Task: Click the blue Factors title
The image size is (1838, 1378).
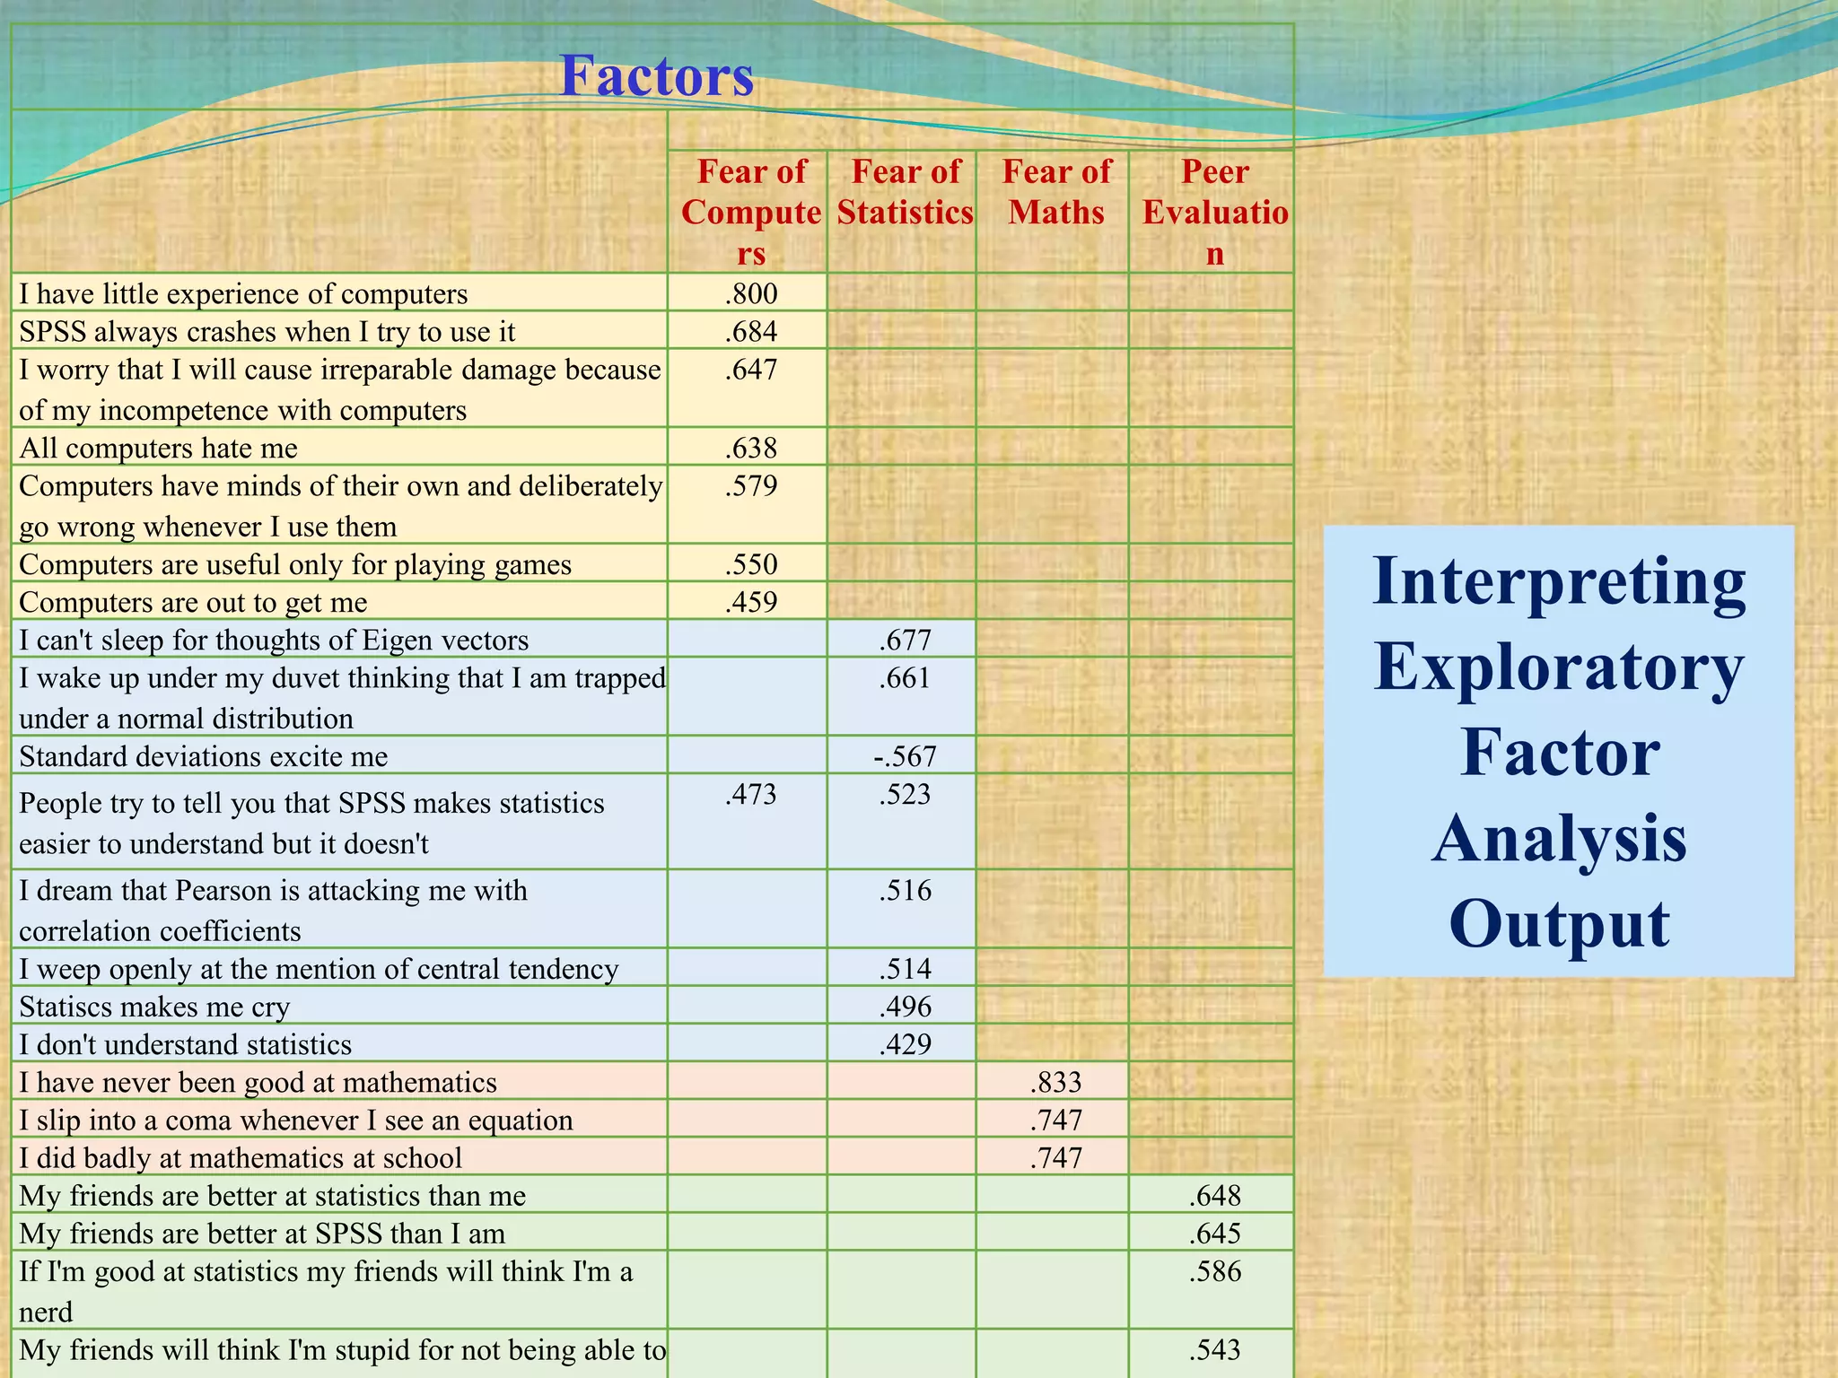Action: coord(656,75)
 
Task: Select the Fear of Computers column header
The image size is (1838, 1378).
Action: coord(751,213)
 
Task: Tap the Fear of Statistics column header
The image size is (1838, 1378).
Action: coord(905,192)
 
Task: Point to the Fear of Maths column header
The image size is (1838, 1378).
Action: coord(1056,192)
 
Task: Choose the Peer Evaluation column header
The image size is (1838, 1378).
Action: coord(1214,213)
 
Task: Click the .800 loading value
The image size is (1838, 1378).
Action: coord(751,294)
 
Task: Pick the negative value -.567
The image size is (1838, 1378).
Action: coord(905,756)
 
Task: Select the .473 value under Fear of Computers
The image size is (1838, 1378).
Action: coord(751,795)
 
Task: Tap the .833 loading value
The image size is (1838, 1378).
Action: coord(1056,1083)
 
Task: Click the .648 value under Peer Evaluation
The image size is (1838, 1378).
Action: coord(1214,1196)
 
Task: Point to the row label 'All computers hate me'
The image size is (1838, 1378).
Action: coord(159,448)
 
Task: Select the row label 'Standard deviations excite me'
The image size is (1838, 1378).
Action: coord(204,756)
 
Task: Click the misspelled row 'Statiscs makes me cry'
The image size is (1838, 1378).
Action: coord(154,1007)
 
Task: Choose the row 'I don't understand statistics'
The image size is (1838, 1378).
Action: coord(186,1045)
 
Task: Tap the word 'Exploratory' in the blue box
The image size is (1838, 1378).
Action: coord(1559,669)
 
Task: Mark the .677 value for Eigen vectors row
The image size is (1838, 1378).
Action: coord(905,641)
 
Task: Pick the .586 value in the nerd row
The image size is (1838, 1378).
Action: coord(1214,1272)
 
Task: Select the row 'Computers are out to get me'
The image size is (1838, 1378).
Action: coord(194,602)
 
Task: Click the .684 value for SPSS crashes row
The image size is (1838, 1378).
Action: coord(751,332)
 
